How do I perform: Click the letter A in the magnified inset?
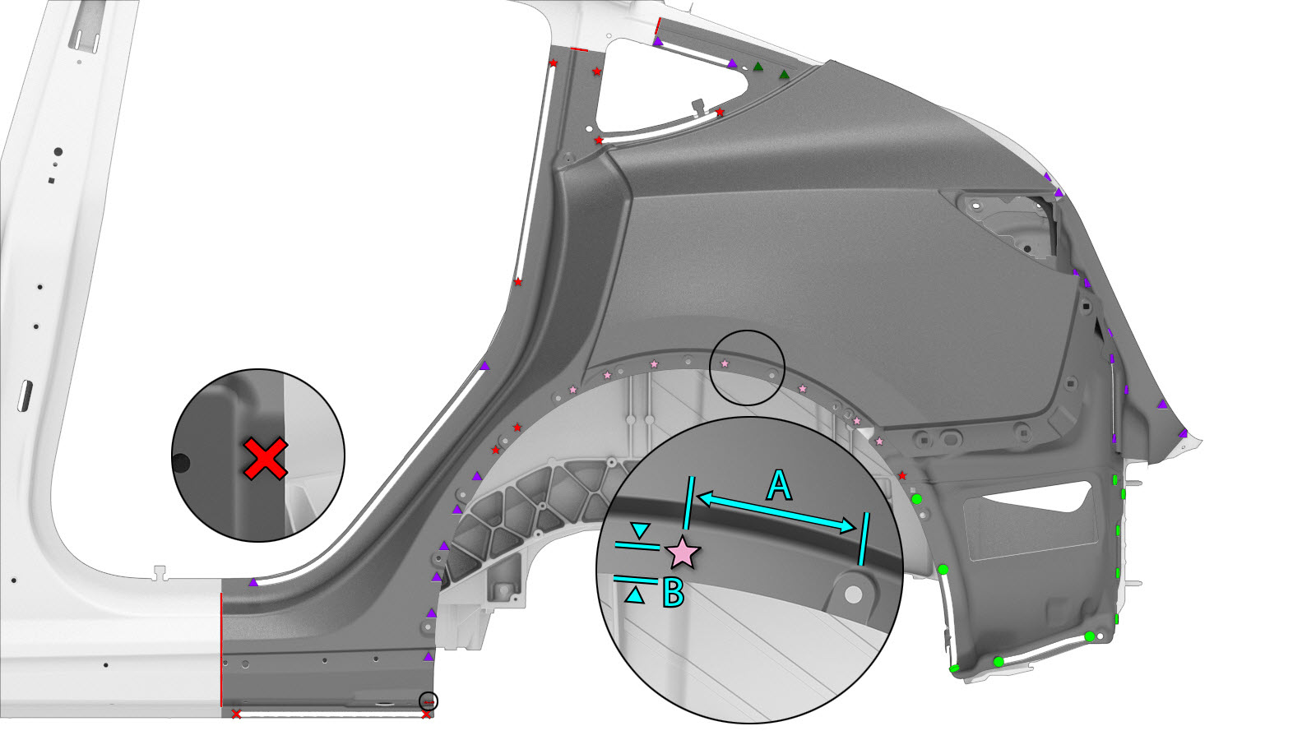779,485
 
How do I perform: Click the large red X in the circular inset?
266,459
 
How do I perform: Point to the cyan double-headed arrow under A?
776,513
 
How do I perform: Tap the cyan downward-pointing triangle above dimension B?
641,530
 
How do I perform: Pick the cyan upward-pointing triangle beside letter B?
634,595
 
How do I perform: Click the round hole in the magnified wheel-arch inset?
853,594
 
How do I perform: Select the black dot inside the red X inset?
180,463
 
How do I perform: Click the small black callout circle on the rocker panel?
429,701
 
